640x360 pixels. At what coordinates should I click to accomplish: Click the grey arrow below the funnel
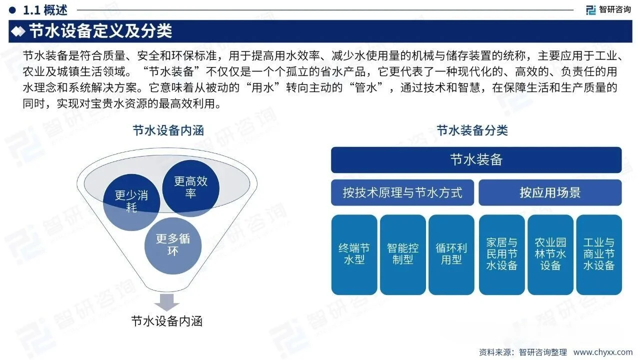click(x=166, y=302)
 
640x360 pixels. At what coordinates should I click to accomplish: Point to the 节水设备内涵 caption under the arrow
click(x=166, y=320)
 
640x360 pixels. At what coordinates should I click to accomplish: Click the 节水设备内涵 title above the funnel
click(x=168, y=131)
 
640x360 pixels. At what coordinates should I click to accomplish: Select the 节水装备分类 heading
click(x=472, y=131)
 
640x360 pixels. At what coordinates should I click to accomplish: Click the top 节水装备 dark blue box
click(x=476, y=160)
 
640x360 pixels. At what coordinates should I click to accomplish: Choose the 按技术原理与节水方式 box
click(x=402, y=192)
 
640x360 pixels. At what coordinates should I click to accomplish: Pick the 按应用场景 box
click(x=550, y=192)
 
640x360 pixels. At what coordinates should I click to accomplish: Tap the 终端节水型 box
click(x=354, y=254)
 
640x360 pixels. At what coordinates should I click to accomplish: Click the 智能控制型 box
click(x=402, y=254)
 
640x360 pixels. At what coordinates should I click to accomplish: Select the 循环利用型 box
click(x=451, y=254)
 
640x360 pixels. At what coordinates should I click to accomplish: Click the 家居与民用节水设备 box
click(x=501, y=254)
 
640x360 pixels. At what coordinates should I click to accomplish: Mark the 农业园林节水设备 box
click(x=550, y=254)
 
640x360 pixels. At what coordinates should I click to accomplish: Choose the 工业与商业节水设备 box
click(x=598, y=254)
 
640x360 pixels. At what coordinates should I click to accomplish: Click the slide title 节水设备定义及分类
click(x=100, y=31)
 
